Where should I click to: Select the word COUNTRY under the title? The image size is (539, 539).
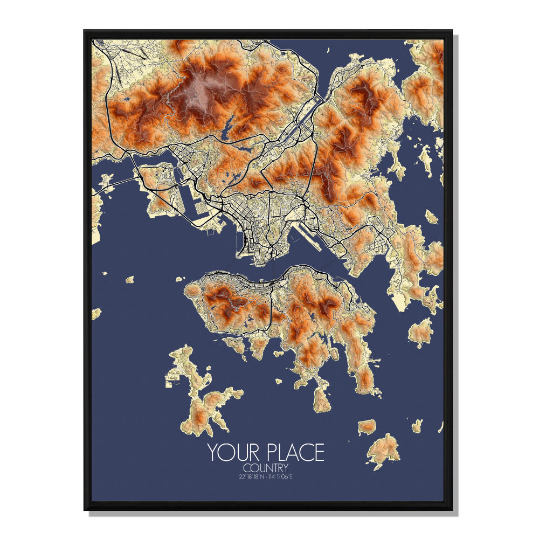pos(266,467)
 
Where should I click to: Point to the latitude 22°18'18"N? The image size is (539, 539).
pos(250,476)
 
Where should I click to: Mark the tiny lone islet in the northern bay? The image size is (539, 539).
pos(327,51)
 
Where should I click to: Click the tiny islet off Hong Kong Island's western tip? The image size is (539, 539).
pos(179,279)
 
